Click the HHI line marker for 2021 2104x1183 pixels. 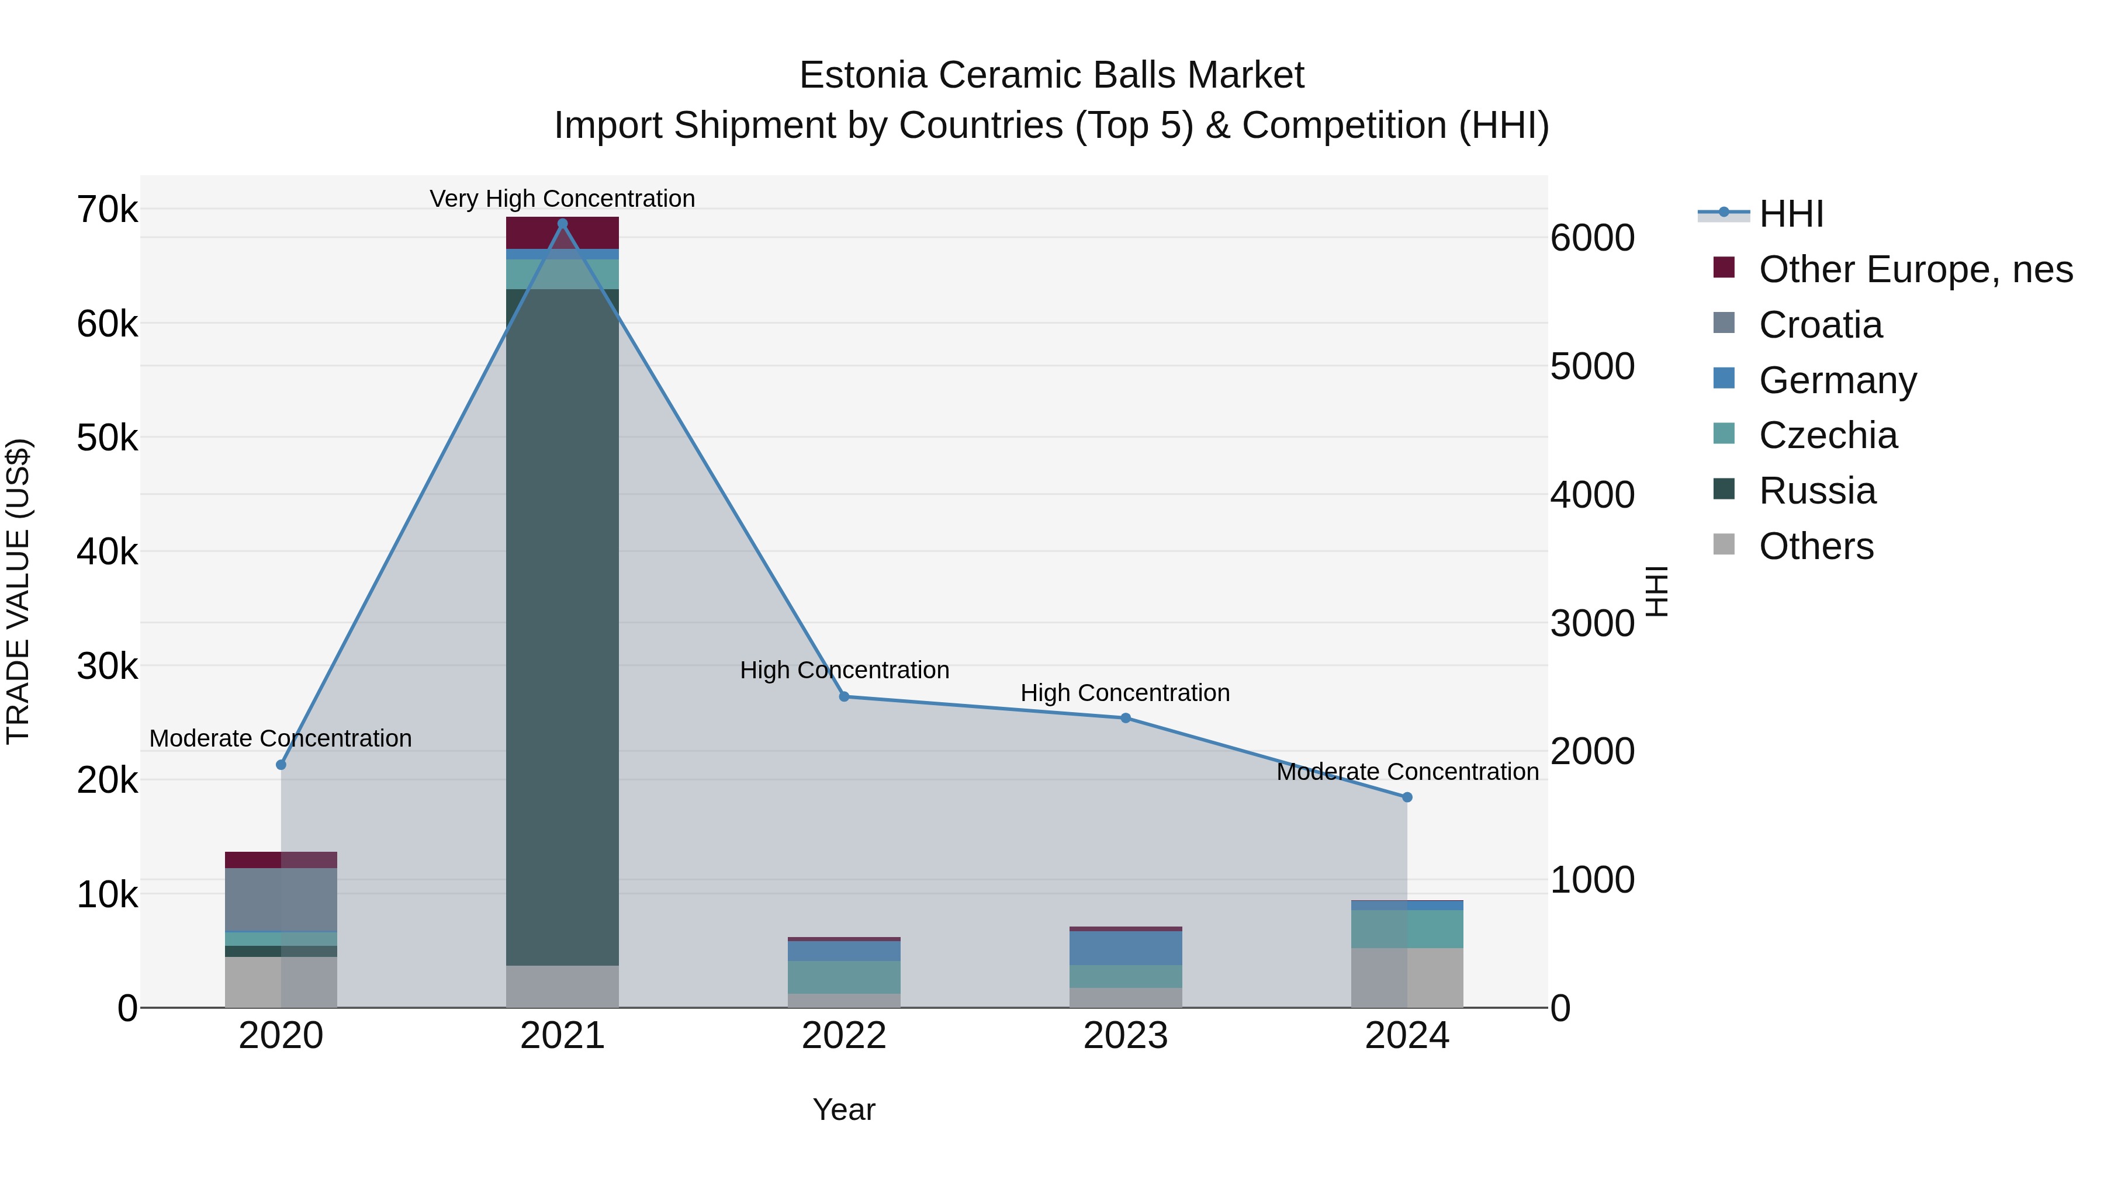562,224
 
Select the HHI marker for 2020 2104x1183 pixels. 281,765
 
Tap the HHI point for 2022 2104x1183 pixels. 844,696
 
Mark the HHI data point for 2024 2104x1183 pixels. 1407,797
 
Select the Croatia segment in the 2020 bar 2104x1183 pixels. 281,900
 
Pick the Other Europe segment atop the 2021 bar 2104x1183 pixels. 562,233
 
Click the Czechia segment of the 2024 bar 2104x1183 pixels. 1407,929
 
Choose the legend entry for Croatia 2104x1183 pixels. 1821,325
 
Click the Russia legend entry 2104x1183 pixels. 1817,491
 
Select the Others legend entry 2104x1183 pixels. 1816,546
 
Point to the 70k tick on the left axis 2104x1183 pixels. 107,210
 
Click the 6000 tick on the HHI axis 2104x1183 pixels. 1593,238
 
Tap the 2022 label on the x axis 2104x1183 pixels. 844,1036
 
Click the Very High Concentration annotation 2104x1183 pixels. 562,199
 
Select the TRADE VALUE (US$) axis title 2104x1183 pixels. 18,591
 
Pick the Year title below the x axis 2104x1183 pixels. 844,1109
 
